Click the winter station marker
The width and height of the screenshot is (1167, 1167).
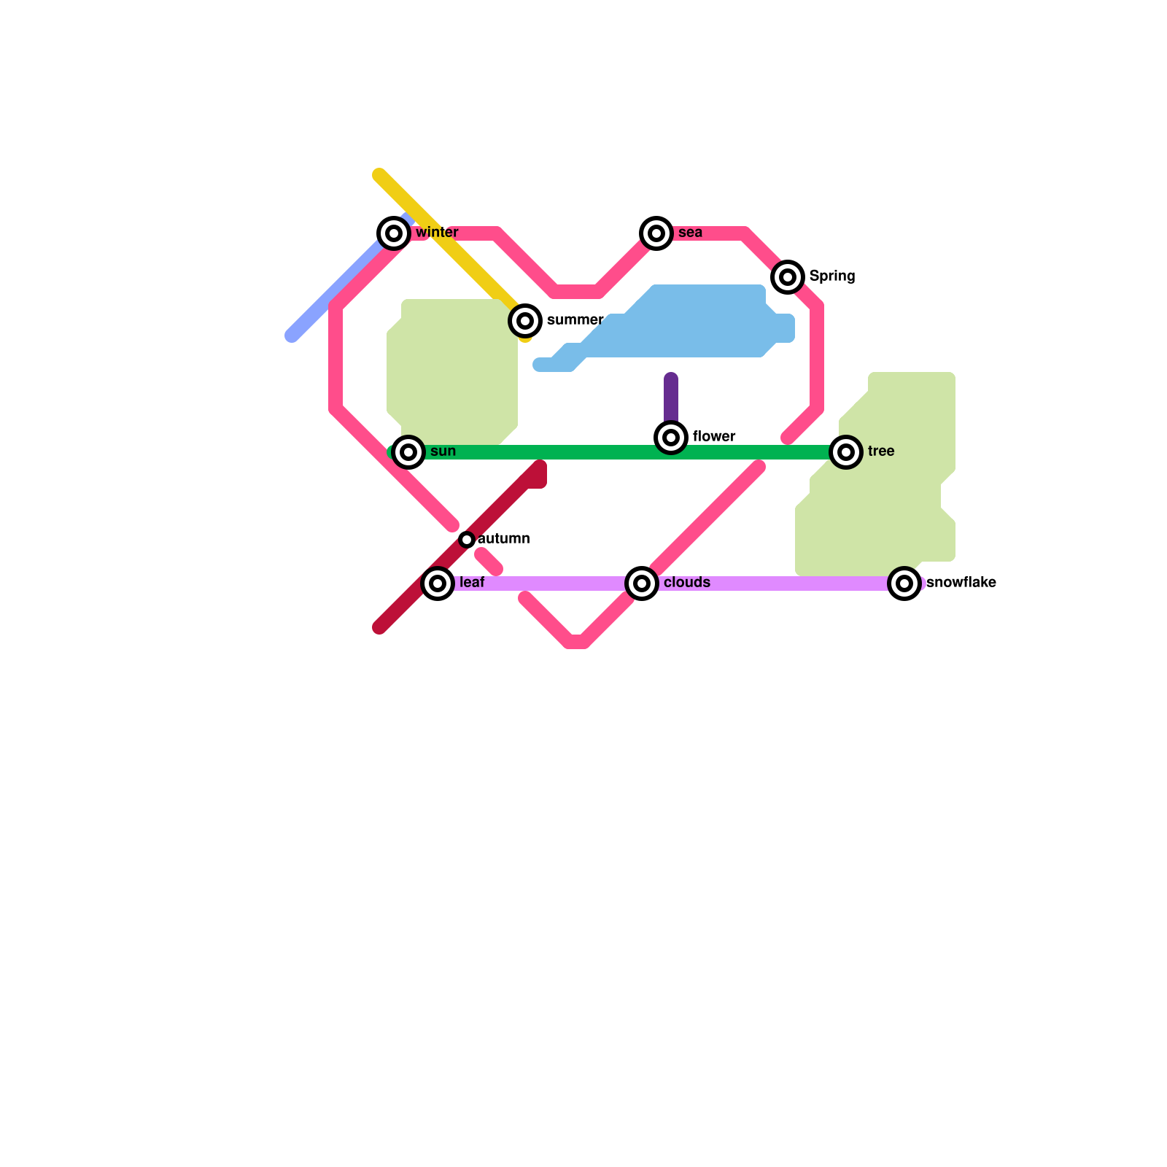point(394,233)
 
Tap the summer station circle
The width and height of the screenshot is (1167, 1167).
point(525,321)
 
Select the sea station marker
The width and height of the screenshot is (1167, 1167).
point(656,233)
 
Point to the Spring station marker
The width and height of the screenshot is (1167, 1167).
point(788,277)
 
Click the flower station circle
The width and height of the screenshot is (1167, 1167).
point(671,438)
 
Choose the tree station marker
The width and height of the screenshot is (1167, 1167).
point(846,452)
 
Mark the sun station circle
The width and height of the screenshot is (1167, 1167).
point(408,452)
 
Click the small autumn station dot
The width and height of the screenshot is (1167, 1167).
point(467,540)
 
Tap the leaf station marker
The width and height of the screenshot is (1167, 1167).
point(438,583)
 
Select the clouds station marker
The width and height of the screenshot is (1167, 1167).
point(642,583)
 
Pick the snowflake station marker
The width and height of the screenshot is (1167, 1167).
point(904,583)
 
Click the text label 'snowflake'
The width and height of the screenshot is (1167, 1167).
point(961,583)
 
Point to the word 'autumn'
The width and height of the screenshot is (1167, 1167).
point(504,539)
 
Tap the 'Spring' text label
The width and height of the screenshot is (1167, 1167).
point(832,276)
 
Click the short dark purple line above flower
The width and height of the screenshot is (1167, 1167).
point(671,398)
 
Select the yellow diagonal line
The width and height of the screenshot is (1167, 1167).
point(452,248)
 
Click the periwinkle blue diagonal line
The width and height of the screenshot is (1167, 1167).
point(336,292)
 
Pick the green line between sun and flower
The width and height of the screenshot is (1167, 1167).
point(540,452)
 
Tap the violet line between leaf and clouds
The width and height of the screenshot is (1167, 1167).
point(540,583)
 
